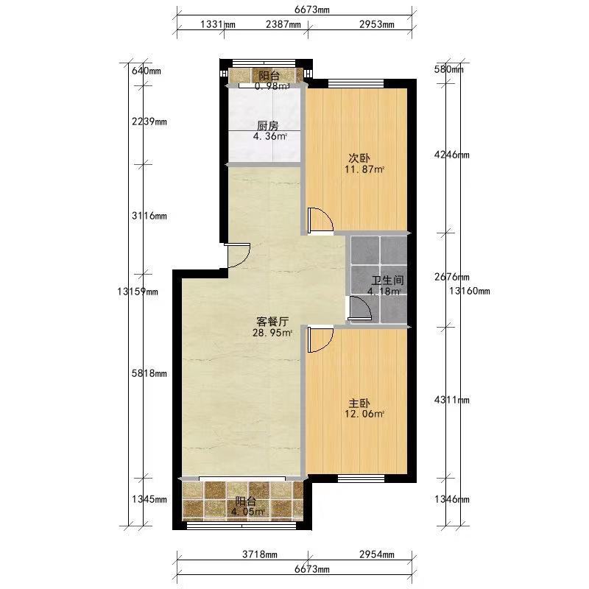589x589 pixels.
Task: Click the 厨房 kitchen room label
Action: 268,125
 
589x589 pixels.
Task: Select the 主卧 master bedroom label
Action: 359,403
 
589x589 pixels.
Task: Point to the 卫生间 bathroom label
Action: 388,281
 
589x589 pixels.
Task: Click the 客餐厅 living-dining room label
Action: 272,322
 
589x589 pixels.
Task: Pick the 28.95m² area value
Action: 272,333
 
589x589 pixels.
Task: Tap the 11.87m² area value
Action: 364,169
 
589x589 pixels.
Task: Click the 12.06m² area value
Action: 364,415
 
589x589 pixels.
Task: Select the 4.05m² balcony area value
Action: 248,511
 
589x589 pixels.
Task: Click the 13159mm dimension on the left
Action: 138,292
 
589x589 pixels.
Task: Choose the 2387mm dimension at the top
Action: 283,24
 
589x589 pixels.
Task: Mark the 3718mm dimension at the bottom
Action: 260,554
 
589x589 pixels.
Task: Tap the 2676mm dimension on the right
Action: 452,277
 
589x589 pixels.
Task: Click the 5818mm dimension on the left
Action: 149,373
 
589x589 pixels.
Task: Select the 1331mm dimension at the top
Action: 218,24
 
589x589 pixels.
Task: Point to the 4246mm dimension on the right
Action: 452,155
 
